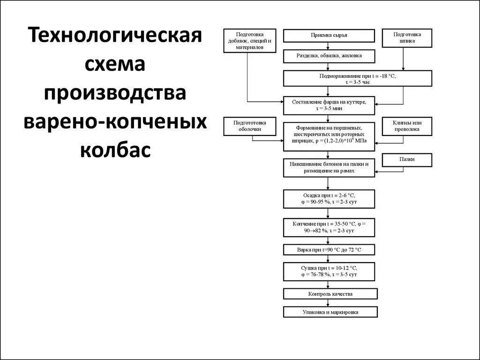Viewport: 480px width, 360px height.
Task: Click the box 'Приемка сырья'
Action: (x=329, y=36)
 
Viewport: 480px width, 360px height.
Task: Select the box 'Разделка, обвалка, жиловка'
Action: (x=329, y=56)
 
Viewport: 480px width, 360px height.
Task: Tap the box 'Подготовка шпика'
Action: (x=407, y=38)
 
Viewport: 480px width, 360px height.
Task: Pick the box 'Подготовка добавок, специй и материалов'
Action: (x=250, y=41)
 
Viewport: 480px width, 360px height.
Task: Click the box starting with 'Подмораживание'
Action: (x=357, y=78)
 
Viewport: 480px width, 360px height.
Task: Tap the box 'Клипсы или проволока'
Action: (x=407, y=126)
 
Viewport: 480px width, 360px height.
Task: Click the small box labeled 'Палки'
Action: (x=407, y=160)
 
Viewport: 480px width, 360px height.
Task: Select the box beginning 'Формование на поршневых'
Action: (x=329, y=136)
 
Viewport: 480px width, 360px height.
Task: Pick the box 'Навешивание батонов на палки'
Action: (x=329, y=168)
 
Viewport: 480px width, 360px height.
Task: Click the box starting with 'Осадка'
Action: (x=329, y=199)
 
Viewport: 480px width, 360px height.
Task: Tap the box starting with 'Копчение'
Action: (x=329, y=228)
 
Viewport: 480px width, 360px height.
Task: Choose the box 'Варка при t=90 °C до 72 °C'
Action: (x=329, y=250)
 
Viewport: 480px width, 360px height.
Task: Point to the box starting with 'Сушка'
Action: (x=329, y=271)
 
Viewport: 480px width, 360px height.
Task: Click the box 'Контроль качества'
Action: (x=330, y=294)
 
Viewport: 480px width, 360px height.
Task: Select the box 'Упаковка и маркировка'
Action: (x=330, y=312)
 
